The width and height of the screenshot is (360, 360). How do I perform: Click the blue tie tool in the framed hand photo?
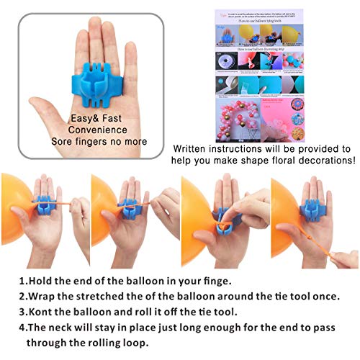[98, 79]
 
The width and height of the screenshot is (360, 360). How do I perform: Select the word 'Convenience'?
[98, 130]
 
